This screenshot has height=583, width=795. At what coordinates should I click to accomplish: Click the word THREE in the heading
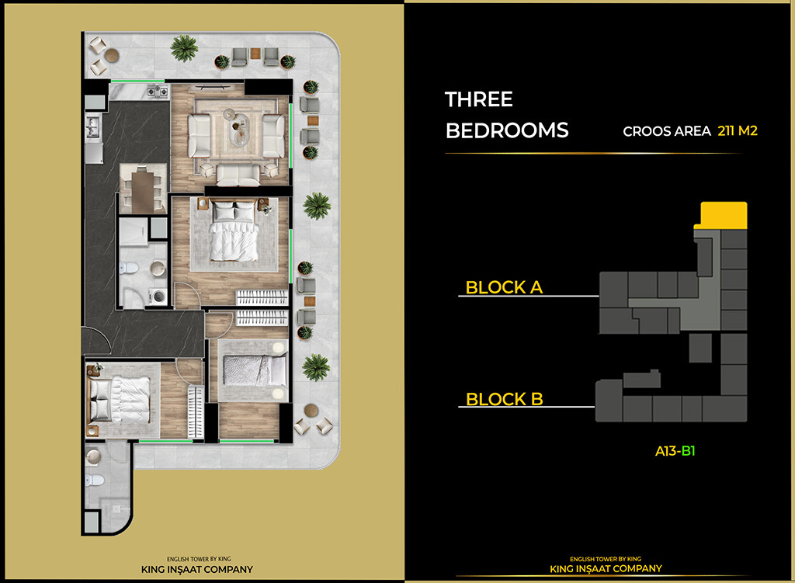pyautogui.click(x=478, y=99)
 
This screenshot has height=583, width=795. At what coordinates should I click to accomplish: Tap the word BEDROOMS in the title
pyautogui.click(x=507, y=130)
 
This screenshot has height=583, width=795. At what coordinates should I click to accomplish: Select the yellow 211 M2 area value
pyautogui.click(x=737, y=131)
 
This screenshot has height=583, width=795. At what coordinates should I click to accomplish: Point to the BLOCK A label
pyautogui.click(x=504, y=287)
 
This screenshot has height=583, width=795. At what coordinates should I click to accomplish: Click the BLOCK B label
pyautogui.click(x=504, y=400)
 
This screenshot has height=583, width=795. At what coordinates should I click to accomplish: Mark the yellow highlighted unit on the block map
pyautogui.click(x=724, y=213)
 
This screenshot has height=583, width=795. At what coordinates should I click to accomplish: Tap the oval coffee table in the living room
pyautogui.click(x=238, y=128)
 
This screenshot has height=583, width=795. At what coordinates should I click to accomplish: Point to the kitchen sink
pyautogui.click(x=92, y=125)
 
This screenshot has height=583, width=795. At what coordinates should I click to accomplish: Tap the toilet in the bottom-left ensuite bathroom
pyautogui.click(x=95, y=478)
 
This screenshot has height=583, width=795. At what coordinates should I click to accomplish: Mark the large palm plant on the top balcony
pyautogui.click(x=185, y=50)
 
